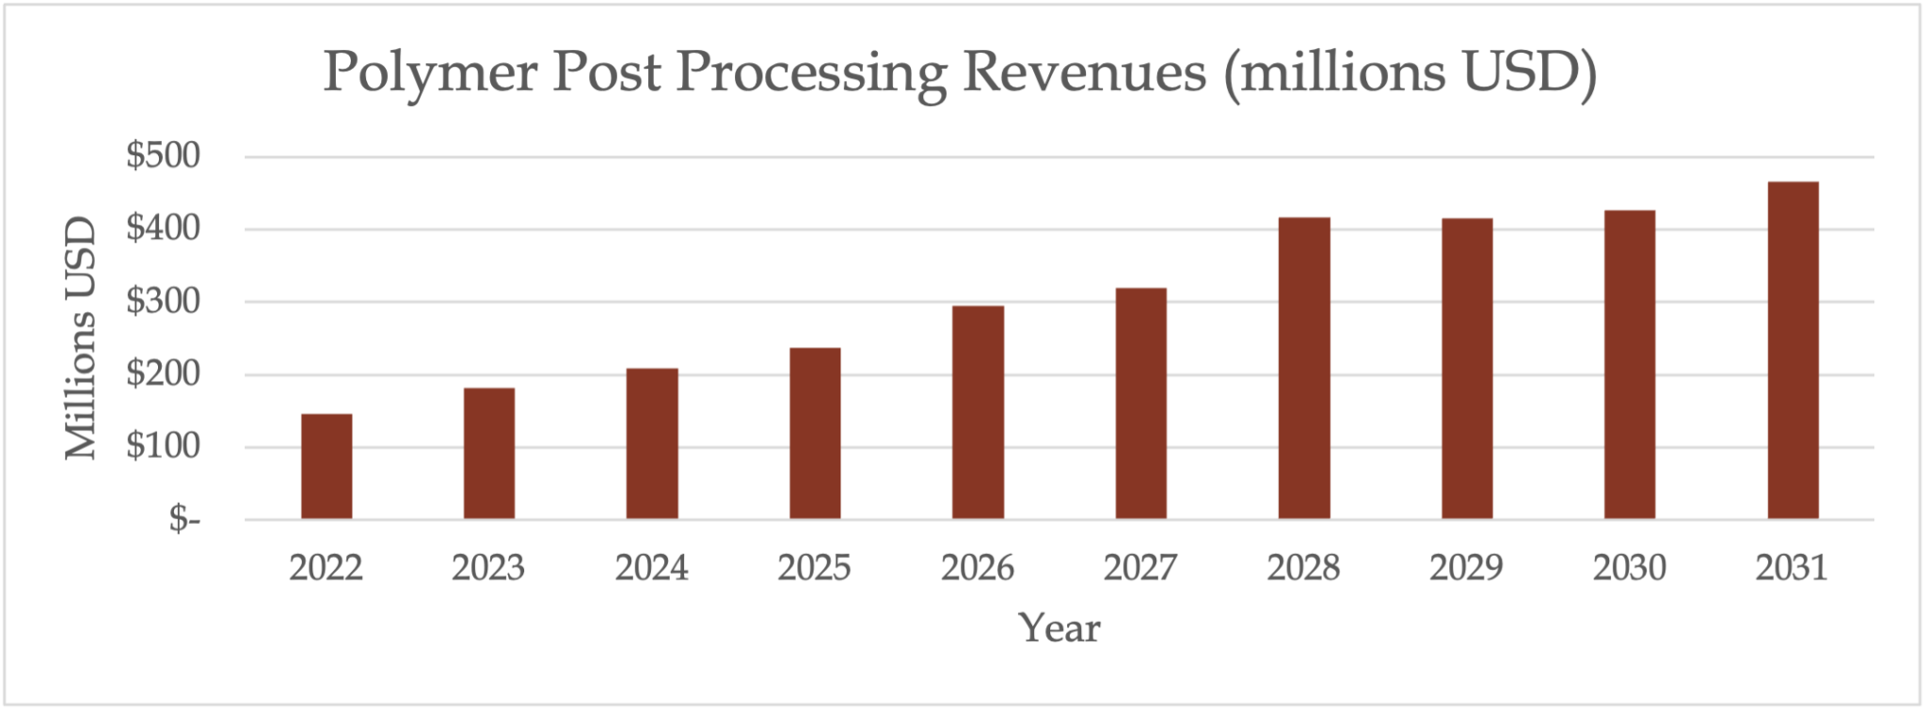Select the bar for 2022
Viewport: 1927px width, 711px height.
[326, 466]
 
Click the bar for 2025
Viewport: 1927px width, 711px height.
[815, 434]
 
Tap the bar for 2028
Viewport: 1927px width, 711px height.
[1304, 369]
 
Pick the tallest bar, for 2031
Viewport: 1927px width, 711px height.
[1792, 351]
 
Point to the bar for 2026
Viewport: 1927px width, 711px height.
[978, 413]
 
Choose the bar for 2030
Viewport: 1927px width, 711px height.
[1630, 365]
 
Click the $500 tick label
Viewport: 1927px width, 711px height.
[164, 156]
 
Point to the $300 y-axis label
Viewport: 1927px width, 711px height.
[164, 302]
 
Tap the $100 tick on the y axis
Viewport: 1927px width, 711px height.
[164, 447]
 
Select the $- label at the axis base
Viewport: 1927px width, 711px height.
[184, 518]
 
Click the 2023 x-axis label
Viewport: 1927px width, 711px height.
[488, 568]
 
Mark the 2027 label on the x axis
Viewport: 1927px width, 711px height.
[1140, 568]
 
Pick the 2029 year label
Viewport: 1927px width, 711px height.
[1466, 568]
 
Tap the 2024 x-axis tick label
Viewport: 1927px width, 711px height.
[651, 568]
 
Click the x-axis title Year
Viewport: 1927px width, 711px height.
[1059, 628]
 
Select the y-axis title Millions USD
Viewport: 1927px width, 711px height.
[81, 339]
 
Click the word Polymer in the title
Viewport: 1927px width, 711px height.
[430, 73]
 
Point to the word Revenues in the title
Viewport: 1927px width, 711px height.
[1084, 71]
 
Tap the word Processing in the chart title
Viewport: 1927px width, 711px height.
[811, 73]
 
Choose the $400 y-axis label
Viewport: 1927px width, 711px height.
[164, 229]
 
